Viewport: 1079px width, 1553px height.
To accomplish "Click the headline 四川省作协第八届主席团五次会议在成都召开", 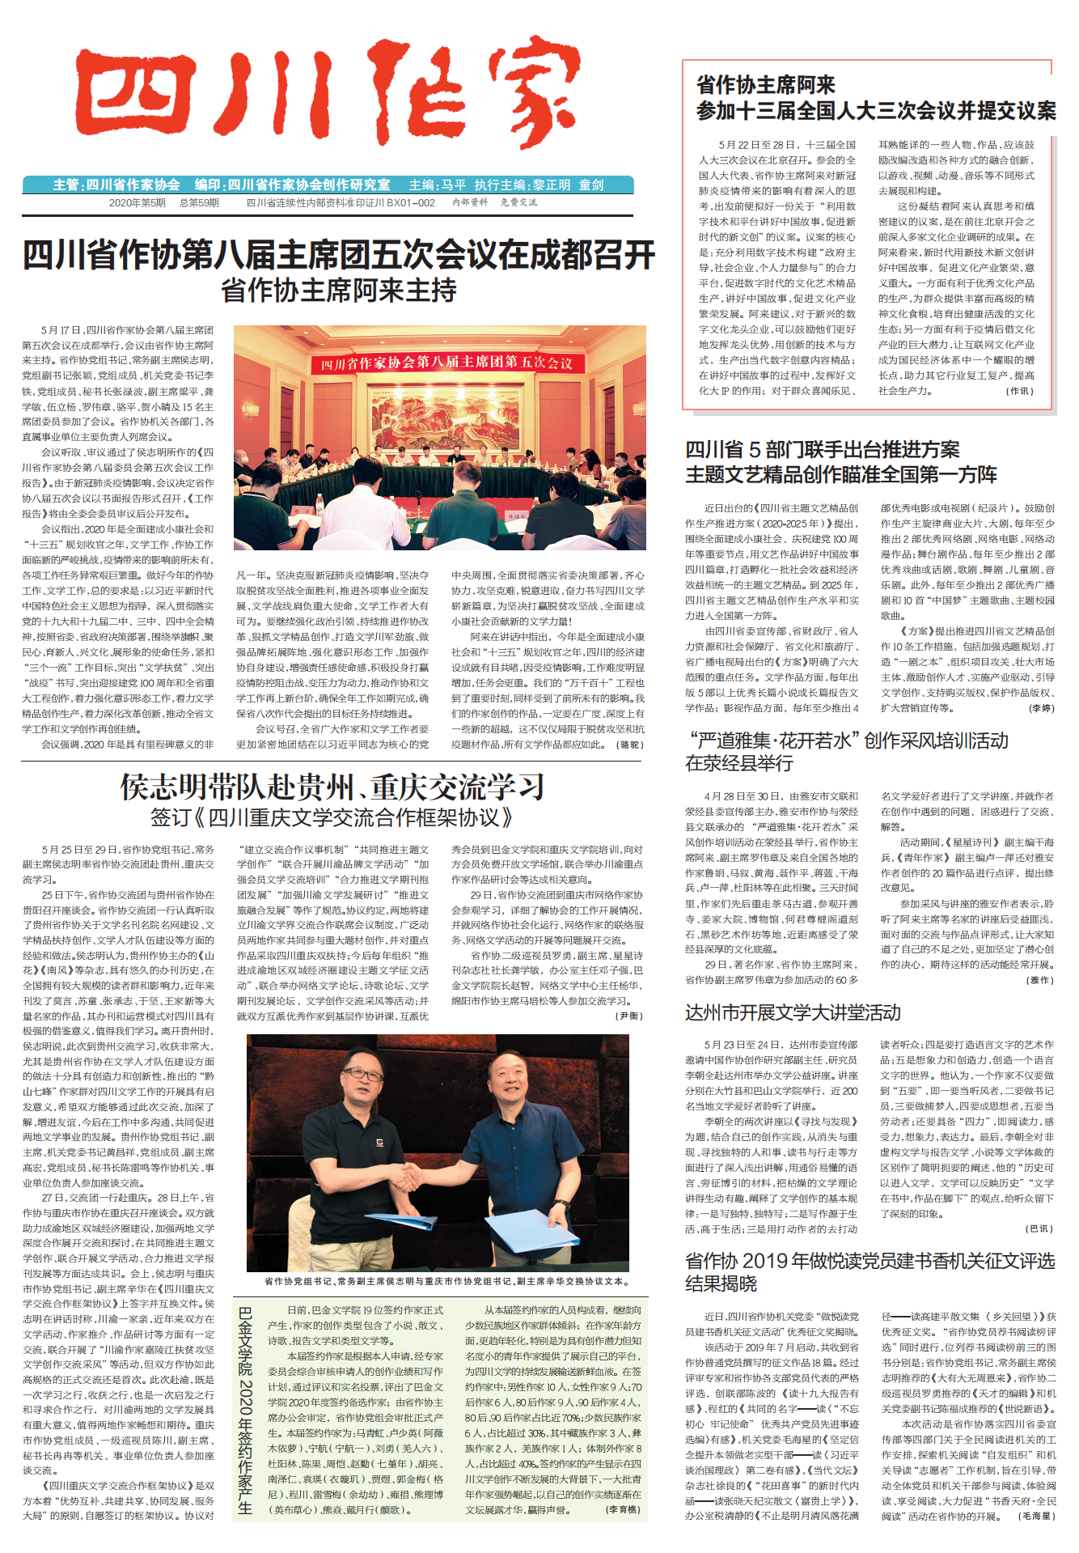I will click(338, 255).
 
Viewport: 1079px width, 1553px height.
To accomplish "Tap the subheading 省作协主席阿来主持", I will click(338, 291).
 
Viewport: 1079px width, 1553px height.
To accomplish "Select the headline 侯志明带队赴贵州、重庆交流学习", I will click(332, 786).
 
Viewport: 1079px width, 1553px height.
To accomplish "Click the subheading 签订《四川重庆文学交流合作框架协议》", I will click(332, 817).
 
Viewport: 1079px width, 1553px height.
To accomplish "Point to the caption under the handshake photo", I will click(446, 1281).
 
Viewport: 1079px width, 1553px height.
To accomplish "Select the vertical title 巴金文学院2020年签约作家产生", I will click(246, 1409).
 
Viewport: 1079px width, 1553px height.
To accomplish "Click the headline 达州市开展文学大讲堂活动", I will click(793, 1012).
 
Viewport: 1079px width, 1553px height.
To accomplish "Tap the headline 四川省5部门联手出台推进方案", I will click(823, 449).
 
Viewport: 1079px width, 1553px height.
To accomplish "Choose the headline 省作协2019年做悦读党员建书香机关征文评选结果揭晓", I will click(870, 1271).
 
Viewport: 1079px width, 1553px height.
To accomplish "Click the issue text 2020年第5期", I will click(138, 203).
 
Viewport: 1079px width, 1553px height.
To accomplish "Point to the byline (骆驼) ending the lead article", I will click(629, 745).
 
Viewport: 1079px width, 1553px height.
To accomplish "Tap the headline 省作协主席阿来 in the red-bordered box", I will click(766, 85).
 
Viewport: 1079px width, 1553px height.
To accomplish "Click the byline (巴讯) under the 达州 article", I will click(1039, 1228).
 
